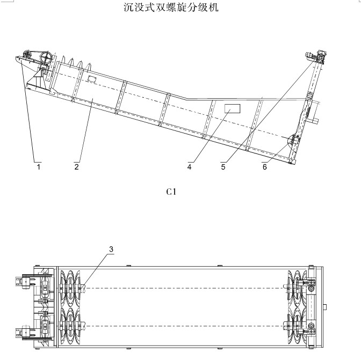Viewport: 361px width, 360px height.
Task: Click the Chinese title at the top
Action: (x=171, y=8)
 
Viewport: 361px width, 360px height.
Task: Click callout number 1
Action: (x=39, y=167)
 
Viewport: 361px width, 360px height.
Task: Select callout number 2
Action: (x=77, y=167)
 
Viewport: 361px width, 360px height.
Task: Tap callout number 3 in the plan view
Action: (x=111, y=249)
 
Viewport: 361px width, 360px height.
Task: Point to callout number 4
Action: (x=190, y=167)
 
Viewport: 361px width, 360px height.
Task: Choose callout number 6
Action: (x=264, y=167)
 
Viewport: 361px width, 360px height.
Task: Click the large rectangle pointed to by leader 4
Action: (x=232, y=109)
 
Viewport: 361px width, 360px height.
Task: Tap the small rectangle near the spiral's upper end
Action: (x=92, y=79)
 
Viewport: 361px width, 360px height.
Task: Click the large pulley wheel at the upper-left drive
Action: (x=46, y=57)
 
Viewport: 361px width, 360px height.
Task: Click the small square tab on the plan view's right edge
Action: (x=326, y=307)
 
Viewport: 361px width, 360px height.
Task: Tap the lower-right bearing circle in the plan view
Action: (x=310, y=326)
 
